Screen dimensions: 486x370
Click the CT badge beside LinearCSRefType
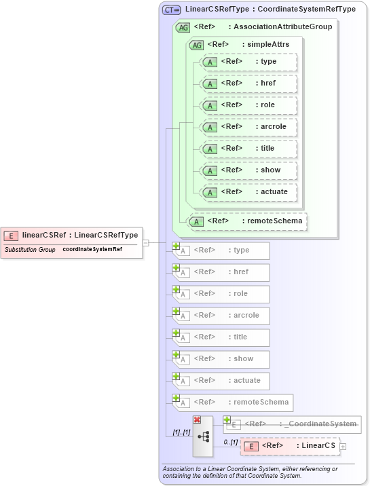coord(171,10)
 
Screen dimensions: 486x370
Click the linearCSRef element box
coord(72,236)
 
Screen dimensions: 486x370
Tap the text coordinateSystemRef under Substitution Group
coord(92,250)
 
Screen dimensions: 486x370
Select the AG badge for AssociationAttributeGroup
coord(183,27)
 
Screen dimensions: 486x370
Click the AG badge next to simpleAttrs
coord(196,45)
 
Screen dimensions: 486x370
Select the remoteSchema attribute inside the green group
coord(247,221)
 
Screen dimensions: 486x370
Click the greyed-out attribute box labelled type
coord(222,250)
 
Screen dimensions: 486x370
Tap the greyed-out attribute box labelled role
coord(222,294)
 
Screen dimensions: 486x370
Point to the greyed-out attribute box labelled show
coord(222,359)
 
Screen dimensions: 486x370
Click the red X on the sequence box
coord(197,419)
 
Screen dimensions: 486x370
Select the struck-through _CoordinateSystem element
coord(293,424)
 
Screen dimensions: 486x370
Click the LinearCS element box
coord(290,446)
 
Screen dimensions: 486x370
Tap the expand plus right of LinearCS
coord(343,446)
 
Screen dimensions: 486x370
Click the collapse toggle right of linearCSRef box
coord(145,242)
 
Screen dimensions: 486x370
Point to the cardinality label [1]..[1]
coord(181,432)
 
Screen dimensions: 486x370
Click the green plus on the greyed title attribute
coord(176,333)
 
